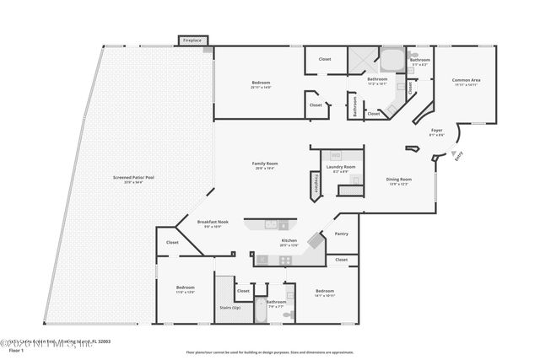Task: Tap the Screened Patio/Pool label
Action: coord(133,177)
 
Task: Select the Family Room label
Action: coord(265,163)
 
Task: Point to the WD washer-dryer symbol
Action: coord(335,155)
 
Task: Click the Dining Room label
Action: coord(398,179)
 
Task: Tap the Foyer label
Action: coord(436,131)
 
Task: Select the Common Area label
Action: coord(466,80)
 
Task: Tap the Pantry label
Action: coord(341,234)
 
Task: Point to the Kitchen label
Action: coord(289,241)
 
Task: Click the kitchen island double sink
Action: coord(276,225)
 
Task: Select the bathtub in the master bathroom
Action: coord(391,61)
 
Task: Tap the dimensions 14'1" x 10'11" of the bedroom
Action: coord(325,296)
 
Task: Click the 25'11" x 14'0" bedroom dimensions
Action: coord(260,87)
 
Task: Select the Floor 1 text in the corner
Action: coord(11,349)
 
